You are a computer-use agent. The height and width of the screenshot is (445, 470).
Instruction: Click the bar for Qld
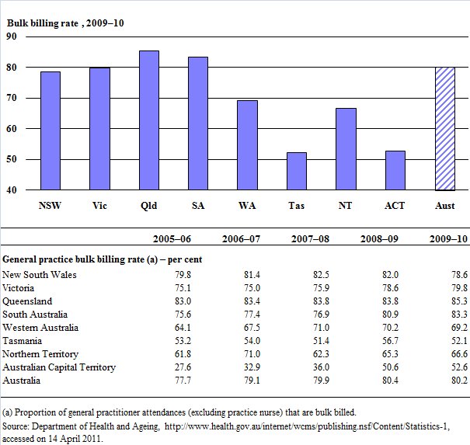tap(148, 120)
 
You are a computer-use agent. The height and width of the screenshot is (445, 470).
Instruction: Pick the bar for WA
tap(247, 145)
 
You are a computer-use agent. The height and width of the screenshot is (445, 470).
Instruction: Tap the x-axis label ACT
tap(395, 207)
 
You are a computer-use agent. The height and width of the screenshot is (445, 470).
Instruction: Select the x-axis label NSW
tap(50, 207)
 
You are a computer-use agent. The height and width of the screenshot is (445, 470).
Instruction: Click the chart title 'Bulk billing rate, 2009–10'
tap(64, 23)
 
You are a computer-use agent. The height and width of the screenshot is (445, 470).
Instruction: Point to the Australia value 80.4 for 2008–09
tap(386, 381)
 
